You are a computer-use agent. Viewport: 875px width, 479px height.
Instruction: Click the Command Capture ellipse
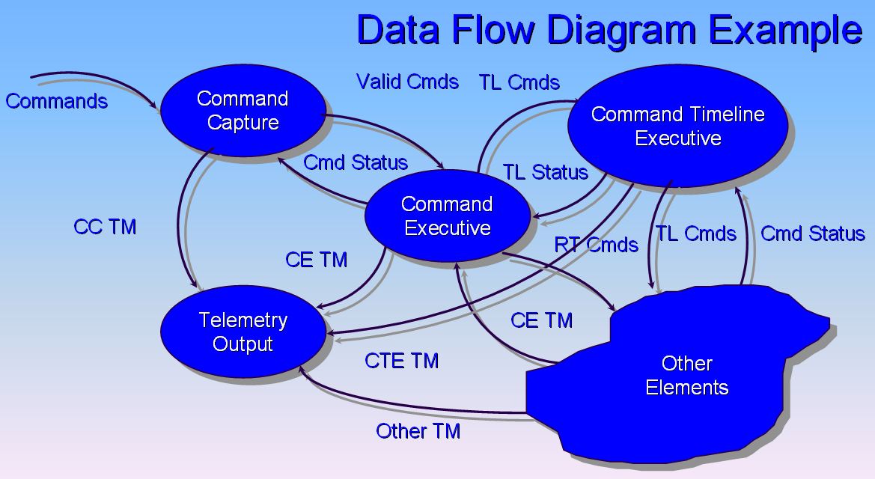tap(243, 110)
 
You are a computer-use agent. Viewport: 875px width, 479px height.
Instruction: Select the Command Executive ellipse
tap(447, 216)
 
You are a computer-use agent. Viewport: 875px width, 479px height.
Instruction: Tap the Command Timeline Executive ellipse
tap(677, 126)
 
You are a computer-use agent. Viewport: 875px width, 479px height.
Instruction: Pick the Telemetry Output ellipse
tap(243, 332)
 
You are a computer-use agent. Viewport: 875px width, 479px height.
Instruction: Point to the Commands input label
tap(57, 101)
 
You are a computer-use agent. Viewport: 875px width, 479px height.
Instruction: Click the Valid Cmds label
tap(407, 82)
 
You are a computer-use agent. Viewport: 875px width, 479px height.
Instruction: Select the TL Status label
tap(545, 172)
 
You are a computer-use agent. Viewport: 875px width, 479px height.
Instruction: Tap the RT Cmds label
tap(596, 245)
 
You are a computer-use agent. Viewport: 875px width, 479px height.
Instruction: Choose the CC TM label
tap(105, 228)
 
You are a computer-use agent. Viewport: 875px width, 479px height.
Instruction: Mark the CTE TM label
tap(401, 361)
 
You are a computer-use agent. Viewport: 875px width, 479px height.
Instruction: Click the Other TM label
tap(418, 431)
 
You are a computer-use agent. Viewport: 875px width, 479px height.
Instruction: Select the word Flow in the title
tap(503, 31)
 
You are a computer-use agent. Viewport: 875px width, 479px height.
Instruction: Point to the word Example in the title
tap(786, 31)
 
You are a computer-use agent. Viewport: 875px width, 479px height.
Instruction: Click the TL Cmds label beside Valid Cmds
tap(519, 82)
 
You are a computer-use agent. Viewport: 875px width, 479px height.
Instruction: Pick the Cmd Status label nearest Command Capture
tap(356, 162)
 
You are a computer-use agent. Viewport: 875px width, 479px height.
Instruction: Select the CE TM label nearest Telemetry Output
tap(316, 260)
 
